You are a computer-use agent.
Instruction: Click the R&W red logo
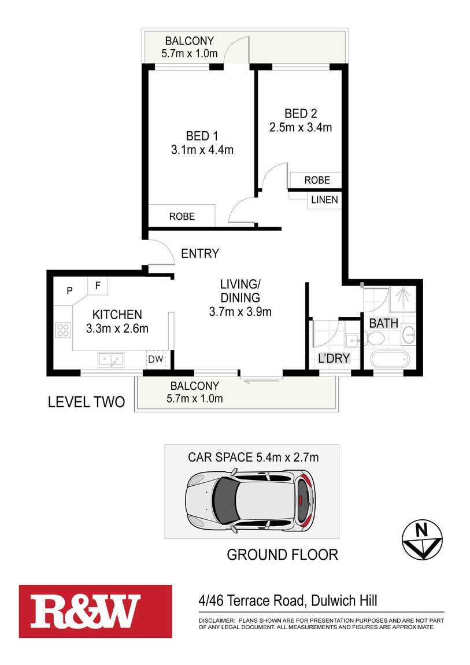coord(95,611)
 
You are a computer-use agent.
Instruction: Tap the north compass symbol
coord(422,540)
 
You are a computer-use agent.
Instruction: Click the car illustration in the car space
coord(250,498)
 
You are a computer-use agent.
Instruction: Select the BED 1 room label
coord(202,136)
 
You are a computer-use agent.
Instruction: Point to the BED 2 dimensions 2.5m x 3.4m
coord(301,127)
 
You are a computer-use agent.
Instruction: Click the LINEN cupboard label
coord(324,200)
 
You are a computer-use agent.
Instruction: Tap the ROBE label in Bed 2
coord(317,180)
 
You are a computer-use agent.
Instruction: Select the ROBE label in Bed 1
coord(182,216)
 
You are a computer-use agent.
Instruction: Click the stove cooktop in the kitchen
coord(62,330)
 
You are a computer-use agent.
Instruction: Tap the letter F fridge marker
coord(98,285)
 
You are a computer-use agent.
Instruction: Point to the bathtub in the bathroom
coord(390,360)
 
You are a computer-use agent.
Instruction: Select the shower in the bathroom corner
coord(403,299)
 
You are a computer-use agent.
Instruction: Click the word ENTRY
coord(199,253)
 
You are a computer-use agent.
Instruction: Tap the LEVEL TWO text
coord(86,402)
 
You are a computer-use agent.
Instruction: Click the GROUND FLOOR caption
coord(282,555)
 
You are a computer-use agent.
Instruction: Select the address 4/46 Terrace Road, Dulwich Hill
coord(287,601)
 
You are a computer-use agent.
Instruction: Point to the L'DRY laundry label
coord(334,359)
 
